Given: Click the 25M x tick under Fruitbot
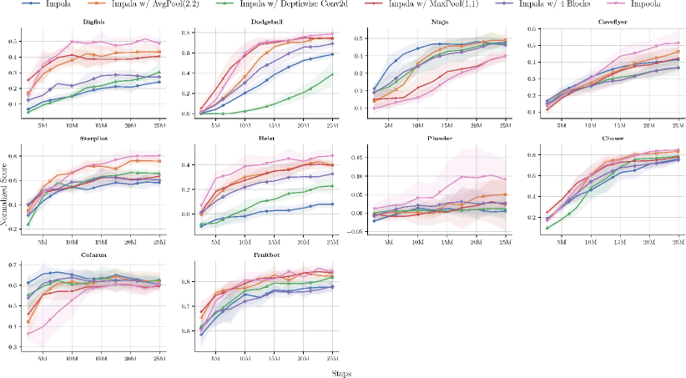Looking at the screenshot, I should point(332,357).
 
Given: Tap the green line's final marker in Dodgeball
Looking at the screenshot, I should point(332,74).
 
